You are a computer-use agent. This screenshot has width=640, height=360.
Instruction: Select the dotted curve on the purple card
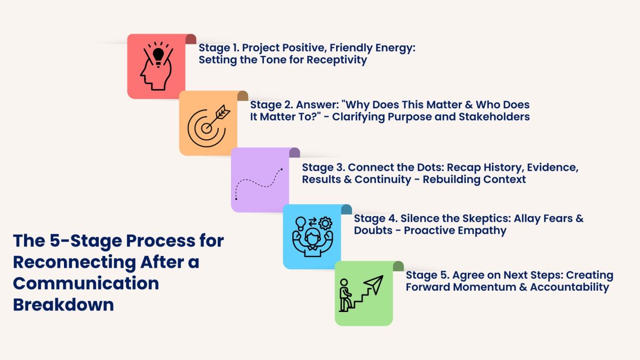point(259,183)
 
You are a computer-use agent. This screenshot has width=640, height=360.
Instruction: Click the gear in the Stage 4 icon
point(325,223)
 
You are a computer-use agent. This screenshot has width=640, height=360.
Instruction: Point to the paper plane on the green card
point(374,284)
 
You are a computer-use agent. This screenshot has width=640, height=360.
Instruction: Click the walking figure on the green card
point(345,295)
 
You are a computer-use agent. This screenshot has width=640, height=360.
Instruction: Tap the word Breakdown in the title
point(63,305)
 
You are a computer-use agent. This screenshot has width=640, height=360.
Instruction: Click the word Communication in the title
point(86,283)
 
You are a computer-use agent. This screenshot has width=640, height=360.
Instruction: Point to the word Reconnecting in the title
point(74,262)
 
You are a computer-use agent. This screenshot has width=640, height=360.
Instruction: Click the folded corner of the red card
point(191,39)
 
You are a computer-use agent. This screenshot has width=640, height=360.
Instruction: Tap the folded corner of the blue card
point(347,209)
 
